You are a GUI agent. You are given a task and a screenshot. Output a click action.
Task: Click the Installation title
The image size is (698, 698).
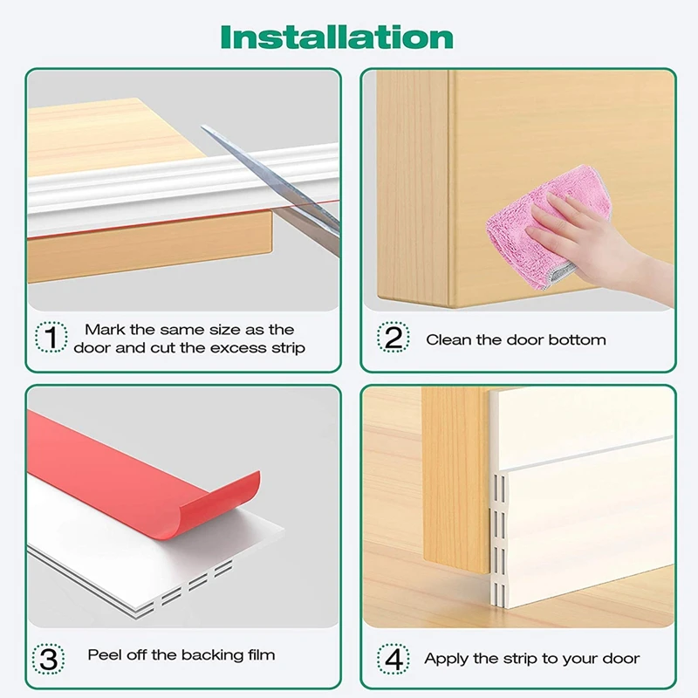tap(337, 37)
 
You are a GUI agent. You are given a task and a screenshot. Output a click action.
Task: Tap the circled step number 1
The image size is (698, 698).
tap(51, 337)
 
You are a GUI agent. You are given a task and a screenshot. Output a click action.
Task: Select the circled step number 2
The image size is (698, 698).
tap(393, 337)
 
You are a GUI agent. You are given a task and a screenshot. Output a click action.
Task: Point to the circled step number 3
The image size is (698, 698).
tap(48, 659)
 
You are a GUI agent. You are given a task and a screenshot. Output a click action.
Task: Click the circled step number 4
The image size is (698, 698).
tap(393, 659)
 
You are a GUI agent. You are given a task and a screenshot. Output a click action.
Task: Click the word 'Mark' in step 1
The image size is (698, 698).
tap(105, 330)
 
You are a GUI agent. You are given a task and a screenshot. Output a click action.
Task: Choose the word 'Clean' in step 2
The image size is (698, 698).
tap(448, 340)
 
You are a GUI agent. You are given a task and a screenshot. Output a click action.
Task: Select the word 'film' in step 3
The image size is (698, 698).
tap(261, 655)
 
